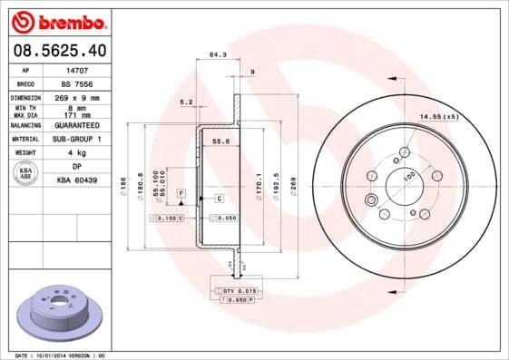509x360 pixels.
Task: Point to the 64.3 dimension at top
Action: pyautogui.click(x=218, y=55)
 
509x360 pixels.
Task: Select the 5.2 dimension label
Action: pyautogui.click(x=187, y=102)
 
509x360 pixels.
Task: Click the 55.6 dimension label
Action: pyautogui.click(x=219, y=141)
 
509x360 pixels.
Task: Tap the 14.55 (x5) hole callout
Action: pyautogui.click(x=439, y=116)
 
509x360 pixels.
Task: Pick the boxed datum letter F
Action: pyautogui.click(x=181, y=194)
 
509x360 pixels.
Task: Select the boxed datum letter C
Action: pyautogui.click(x=220, y=197)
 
